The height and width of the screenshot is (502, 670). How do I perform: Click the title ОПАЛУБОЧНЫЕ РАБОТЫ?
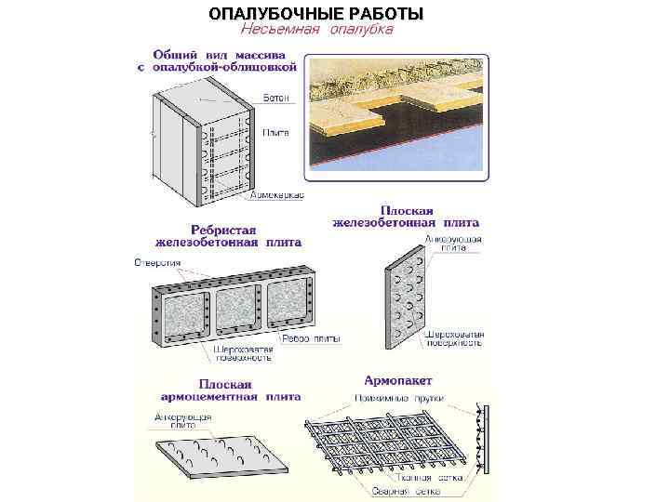316,13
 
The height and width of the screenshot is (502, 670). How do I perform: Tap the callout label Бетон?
275,98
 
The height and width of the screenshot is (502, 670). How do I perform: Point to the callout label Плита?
275,132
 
